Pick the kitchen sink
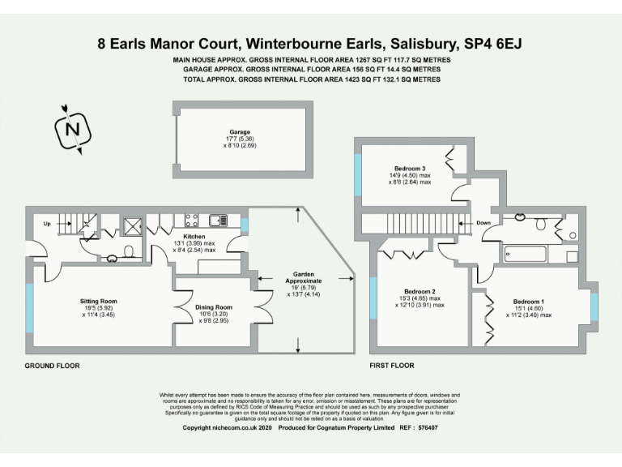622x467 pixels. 218,219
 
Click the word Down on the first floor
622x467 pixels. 483,222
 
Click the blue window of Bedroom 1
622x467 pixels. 594,308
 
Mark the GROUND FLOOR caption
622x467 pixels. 53,366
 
